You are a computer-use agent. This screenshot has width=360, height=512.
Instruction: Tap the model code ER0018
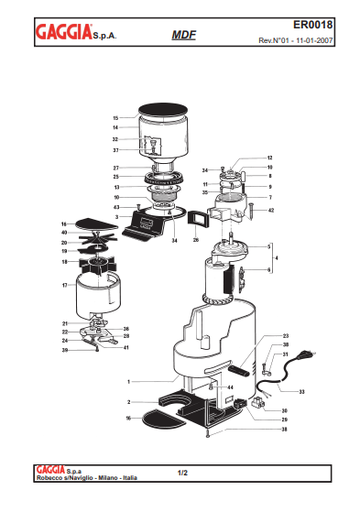[326, 26]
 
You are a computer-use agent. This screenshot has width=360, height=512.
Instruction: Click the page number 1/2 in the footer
[181, 473]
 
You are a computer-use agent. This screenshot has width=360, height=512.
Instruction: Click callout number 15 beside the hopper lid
[115, 118]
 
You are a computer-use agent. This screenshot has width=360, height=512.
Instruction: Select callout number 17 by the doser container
[64, 285]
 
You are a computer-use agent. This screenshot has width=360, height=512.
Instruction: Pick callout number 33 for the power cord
[302, 391]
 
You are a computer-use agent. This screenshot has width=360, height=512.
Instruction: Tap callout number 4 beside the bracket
[278, 258]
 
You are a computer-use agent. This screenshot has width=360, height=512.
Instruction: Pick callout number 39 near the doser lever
[64, 350]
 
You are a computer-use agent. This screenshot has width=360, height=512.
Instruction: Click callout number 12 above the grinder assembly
[270, 158]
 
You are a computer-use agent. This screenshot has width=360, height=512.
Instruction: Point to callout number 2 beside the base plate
[130, 402]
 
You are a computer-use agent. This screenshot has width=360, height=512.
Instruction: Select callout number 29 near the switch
[285, 419]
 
